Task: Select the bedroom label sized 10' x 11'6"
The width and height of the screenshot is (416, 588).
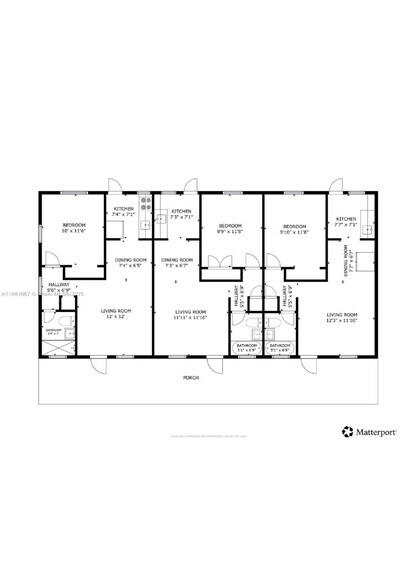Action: tap(75, 227)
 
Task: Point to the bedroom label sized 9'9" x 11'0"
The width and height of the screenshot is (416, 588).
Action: tap(231, 229)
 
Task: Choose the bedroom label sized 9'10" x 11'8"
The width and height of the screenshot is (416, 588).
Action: tap(294, 229)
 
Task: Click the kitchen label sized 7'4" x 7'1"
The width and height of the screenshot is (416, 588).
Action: tap(123, 212)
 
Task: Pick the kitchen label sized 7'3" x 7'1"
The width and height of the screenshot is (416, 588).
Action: tap(181, 214)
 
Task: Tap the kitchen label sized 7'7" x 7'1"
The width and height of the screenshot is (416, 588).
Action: tap(346, 222)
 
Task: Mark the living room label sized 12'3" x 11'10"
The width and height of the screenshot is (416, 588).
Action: tap(342, 318)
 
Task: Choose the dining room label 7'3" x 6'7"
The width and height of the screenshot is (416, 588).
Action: tap(178, 263)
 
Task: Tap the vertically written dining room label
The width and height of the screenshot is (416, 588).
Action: tap(346, 264)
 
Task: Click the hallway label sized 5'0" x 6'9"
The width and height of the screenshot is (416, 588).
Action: tap(59, 286)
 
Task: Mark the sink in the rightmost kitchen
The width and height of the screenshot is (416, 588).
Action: tap(366, 228)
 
